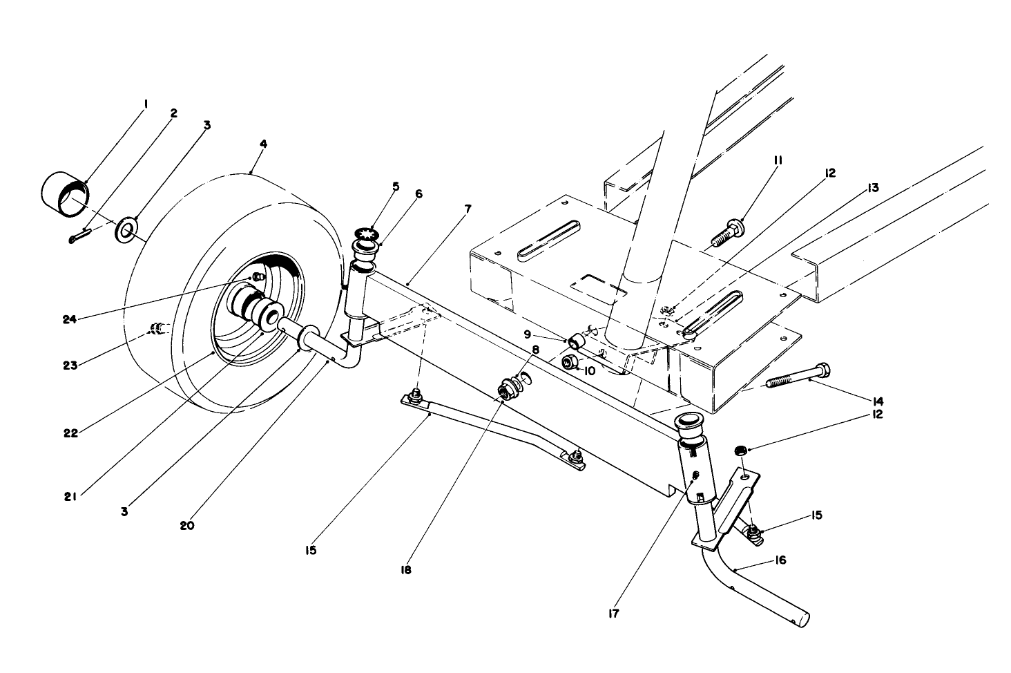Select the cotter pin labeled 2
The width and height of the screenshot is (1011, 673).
(79, 236)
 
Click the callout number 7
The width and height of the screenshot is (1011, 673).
(468, 208)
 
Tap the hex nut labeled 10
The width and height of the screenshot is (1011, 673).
(571, 361)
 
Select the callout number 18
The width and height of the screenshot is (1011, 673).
(406, 570)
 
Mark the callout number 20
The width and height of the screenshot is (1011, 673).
(187, 525)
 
